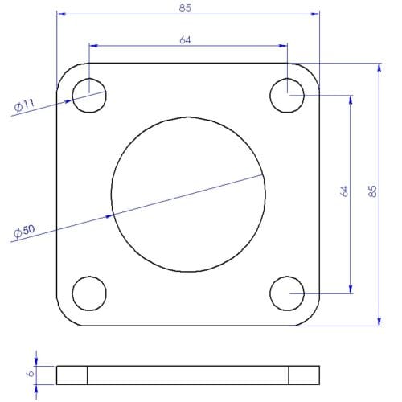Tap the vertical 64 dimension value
point(344,191)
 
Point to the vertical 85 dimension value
point(371,191)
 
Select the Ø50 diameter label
point(24,232)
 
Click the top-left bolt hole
point(89,96)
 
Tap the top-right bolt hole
point(287,96)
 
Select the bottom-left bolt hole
point(89,293)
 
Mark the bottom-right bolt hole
point(287,293)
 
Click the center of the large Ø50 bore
point(188,195)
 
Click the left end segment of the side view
point(72,375)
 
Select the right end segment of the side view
point(304,375)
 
